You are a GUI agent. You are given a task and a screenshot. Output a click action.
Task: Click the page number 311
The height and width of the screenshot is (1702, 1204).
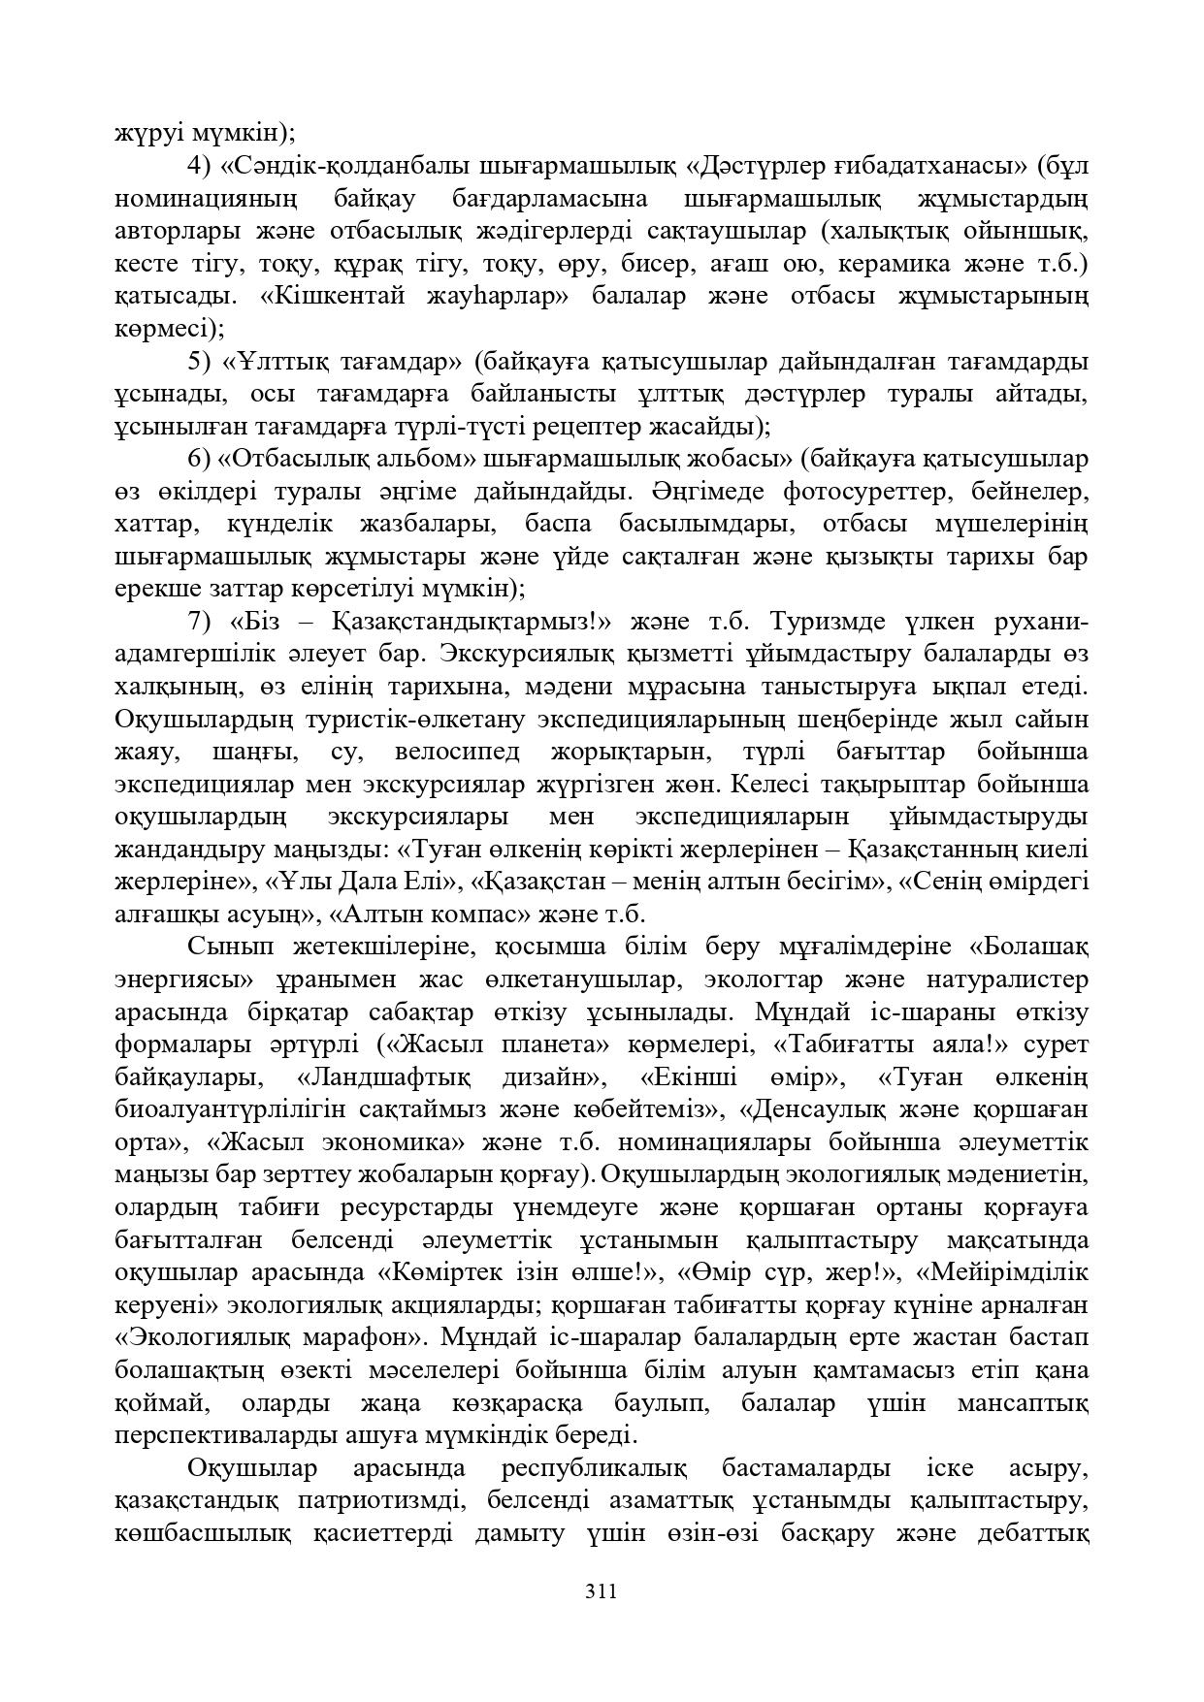tap(602, 1591)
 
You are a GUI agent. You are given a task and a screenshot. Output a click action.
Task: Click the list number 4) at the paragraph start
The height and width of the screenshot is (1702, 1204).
tap(199, 166)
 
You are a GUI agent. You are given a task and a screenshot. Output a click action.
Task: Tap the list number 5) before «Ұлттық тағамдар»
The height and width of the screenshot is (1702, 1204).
tap(199, 363)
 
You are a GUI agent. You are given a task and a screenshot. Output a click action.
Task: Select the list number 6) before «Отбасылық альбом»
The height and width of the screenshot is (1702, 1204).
tap(199, 459)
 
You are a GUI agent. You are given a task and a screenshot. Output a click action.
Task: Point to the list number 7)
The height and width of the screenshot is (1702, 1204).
tap(199, 622)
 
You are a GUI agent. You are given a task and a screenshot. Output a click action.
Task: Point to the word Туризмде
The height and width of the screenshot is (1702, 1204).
tap(825, 622)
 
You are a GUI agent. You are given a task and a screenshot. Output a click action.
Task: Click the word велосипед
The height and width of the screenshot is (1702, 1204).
tap(457, 753)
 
